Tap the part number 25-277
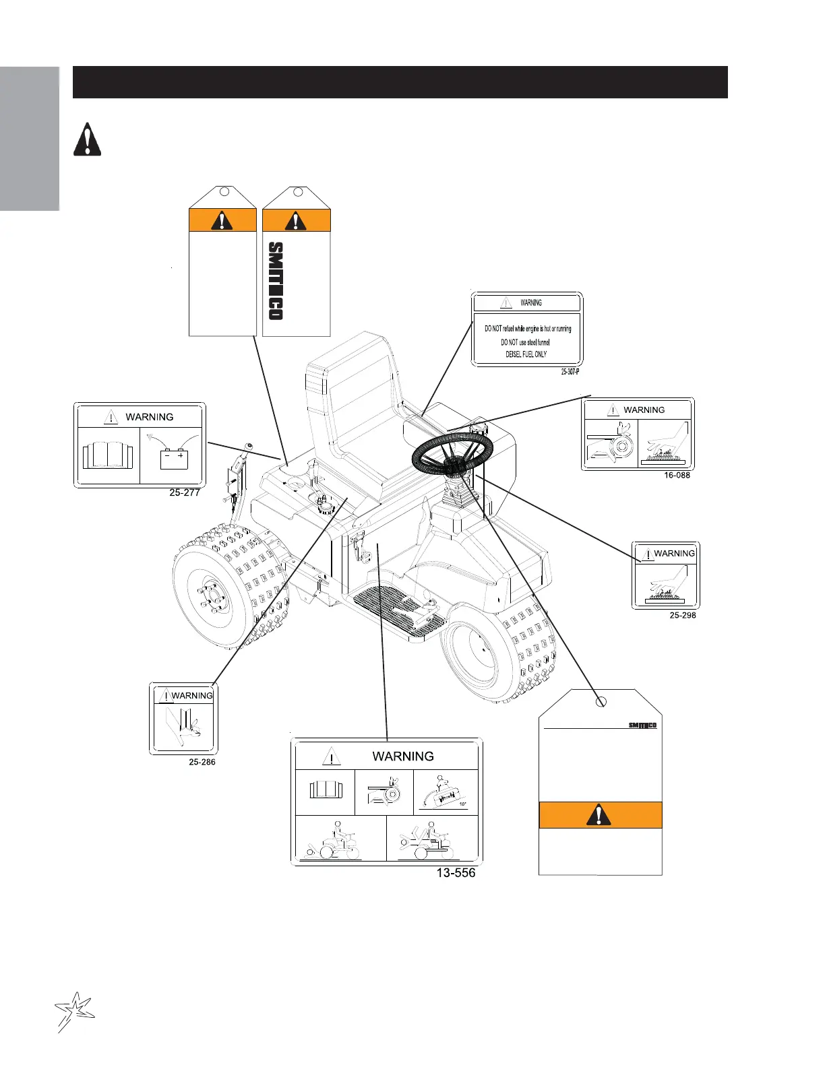pyautogui.click(x=185, y=492)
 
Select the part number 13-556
pyautogui.click(x=456, y=873)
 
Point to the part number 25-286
pyautogui.click(x=202, y=762)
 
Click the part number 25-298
pyautogui.click(x=683, y=615)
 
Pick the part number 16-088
pyautogui.click(x=677, y=475)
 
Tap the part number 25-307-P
pyautogui.click(x=570, y=372)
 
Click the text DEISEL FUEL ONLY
pyautogui.click(x=526, y=354)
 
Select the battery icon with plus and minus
pyautogui.click(x=175, y=458)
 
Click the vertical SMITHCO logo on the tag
pyautogui.click(x=276, y=282)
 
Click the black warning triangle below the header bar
pyautogui.click(x=87, y=140)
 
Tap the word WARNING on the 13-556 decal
pyautogui.click(x=403, y=756)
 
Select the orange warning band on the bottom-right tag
pyautogui.click(x=600, y=815)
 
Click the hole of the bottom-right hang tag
pyautogui.click(x=602, y=702)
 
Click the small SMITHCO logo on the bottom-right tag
pyautogui.click(x=642, y=725)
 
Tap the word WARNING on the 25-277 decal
pyautogui.click(x=150, y=417)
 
